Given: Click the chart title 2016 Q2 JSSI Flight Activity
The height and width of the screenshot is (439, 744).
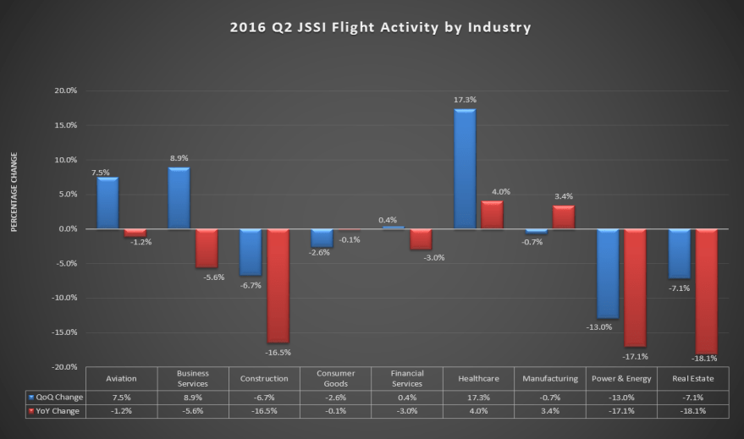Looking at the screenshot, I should point(380,27).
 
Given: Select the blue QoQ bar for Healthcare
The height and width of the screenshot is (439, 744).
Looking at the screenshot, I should point(465,169).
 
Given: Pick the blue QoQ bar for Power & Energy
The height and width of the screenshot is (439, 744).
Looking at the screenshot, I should point(608,273).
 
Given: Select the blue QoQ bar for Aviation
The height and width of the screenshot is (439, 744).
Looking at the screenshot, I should point(107,203).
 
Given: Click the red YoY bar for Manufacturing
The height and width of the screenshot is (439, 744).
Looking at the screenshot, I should point(564,217).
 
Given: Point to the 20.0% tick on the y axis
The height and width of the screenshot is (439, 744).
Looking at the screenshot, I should point(65,91).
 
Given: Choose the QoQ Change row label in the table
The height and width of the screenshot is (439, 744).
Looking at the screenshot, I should point(56,397).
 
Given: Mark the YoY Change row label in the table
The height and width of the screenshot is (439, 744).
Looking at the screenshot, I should point(56,410).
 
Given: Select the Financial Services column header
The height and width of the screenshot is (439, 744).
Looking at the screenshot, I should point(406,378).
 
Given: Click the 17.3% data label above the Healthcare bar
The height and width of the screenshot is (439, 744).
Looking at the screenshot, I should point(465,100).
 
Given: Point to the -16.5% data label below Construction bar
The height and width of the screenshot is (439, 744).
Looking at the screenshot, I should point(278,351).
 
